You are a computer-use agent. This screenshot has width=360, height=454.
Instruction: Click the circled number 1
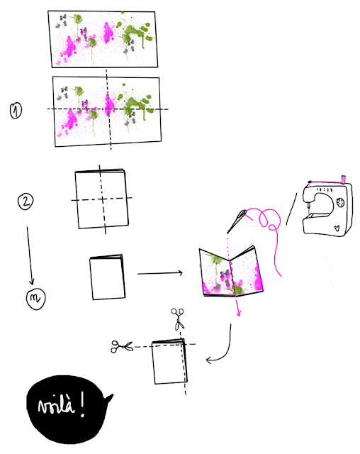pyautogui.click(x=16, y=111)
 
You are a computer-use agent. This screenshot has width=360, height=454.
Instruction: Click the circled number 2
pyautogui.click(x=26, y=201)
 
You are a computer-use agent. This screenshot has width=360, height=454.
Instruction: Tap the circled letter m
pyautogui.click(x=36, y=298)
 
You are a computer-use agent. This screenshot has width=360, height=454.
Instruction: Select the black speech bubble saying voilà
pyautogui.click(x=68, y=409)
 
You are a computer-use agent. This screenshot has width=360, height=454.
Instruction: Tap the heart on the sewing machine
pyautogui.click(x=337, y=228)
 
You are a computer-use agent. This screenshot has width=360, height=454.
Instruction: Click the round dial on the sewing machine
pyautogui.click(x=340, y=202)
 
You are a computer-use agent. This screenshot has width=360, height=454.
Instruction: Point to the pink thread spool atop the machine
pyautogui.click(x=344, y=179)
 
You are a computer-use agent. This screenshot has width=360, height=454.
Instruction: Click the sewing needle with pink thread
pyautogui.click(x=236, y=221)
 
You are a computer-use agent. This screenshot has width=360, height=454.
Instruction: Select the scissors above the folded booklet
pyautogui.click(x=178, y=319)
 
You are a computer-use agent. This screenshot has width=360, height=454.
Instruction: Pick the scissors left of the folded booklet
pyautogui.click(x=122, y=346)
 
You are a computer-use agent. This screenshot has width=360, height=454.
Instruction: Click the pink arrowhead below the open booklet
pyautogui.click(x=239, y=313)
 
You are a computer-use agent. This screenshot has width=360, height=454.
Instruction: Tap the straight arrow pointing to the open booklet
pyautogui.click(x=160, y=273)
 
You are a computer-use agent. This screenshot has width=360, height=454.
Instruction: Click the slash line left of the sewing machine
pyautogui.click(x=291, y=209)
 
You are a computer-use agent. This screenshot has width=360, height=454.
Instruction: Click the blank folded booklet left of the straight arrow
pyautogui.click(x=107, y=277)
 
